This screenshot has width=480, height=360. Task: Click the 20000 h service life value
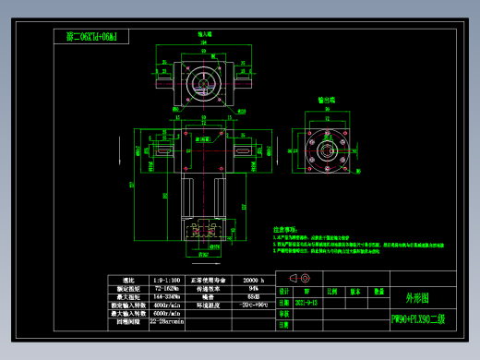[x=254, y=279]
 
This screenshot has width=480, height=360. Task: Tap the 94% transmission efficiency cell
[x=254, y=288]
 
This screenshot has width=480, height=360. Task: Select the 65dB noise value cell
[x=254, y=295]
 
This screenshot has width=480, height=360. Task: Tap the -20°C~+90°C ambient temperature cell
[x=254, y=304]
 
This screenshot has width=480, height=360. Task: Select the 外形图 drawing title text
[x=418, y=297]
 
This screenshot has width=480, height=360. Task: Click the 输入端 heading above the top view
[x=205, y=34]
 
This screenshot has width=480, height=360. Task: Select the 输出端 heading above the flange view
[x=326, y=99]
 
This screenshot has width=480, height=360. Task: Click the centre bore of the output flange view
[x=325, y=148]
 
